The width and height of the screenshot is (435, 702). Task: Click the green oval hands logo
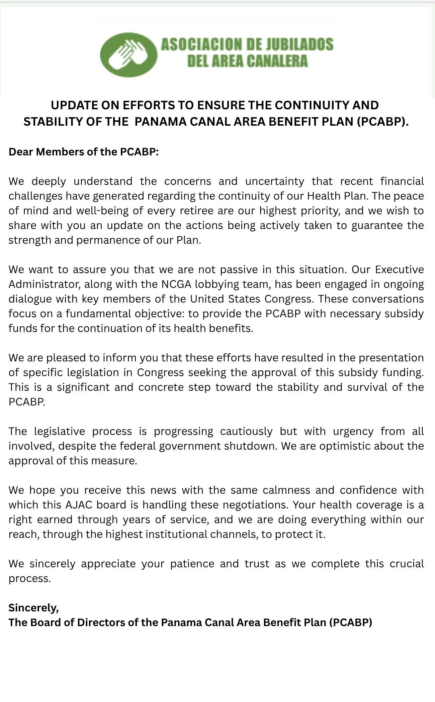[128, 54]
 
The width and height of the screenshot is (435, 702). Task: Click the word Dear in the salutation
[21, 152]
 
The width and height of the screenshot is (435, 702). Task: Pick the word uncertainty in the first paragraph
[274, 181]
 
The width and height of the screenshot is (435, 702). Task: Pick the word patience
[192, 564]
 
